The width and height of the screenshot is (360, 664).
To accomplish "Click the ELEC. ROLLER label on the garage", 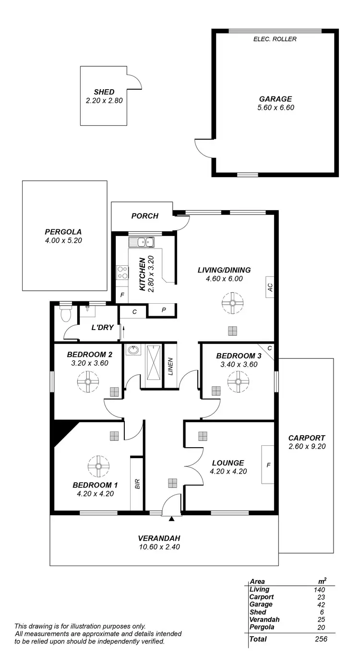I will pos(275,39).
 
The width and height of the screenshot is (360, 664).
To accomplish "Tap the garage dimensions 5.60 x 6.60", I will pos(276,107).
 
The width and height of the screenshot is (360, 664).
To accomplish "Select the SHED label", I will pos(104,92).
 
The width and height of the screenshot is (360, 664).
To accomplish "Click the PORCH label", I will pos(145,216).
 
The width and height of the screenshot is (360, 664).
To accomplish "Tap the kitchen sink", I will pos(144,242).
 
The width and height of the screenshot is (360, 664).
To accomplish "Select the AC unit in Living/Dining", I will pos(270,287).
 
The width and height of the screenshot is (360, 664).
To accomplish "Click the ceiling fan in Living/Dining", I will pos(233,303).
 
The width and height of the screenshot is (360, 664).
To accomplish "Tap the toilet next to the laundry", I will pos(66,314).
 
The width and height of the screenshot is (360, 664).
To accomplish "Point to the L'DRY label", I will pos(102,328).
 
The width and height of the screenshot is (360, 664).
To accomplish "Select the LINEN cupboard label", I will pos(170,366).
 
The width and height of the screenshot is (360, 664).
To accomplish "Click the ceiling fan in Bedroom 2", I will pos(88,382).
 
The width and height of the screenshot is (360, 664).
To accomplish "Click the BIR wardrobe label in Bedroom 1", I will pos(137,484).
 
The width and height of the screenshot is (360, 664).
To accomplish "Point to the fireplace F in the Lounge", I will pos(268,464).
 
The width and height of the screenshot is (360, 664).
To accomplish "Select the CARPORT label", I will pos(307,438).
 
